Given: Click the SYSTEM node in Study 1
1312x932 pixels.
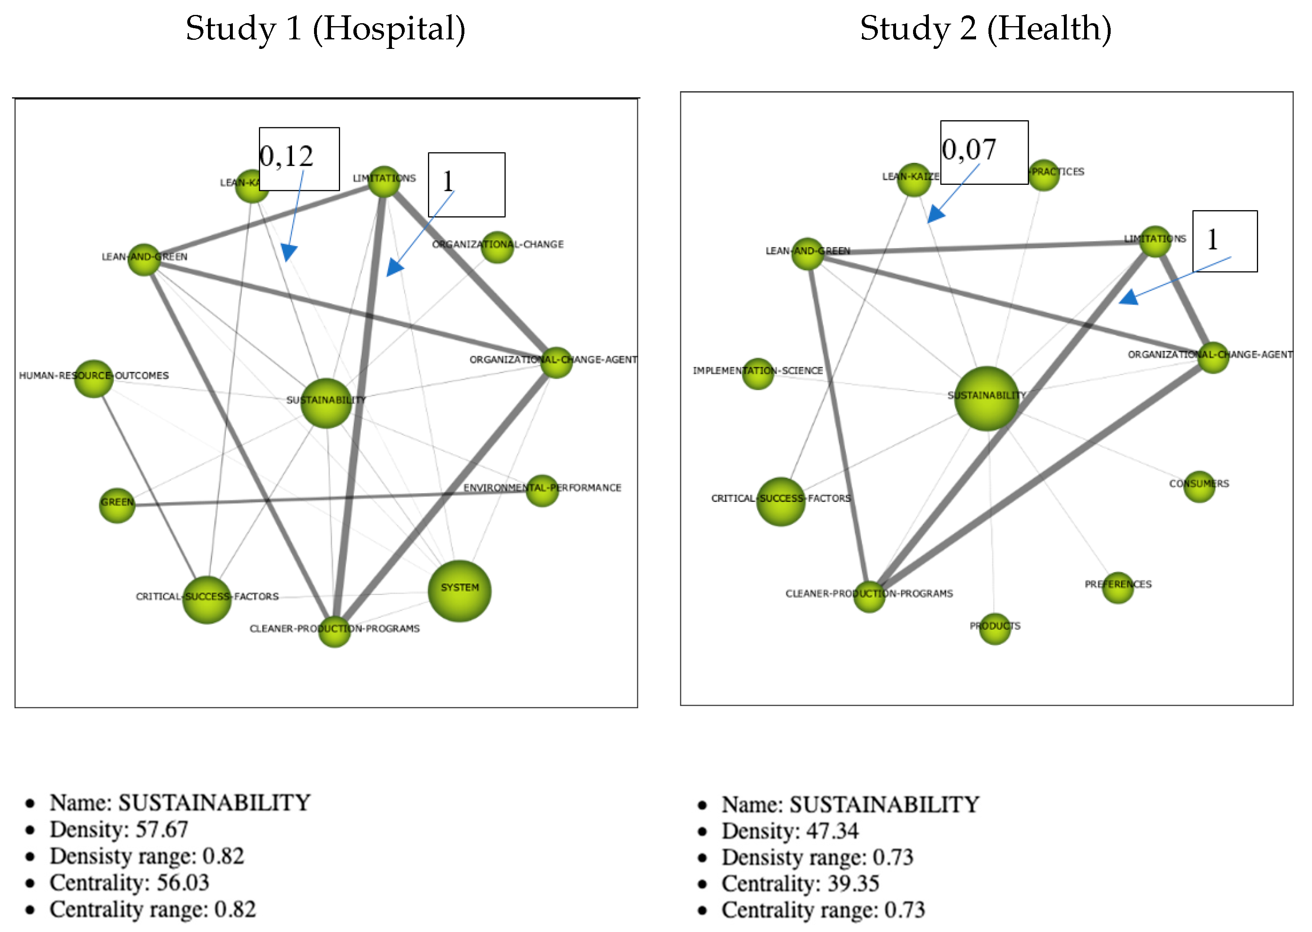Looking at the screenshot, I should point(459,591).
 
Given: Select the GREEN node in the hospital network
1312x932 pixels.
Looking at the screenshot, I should point(117,505).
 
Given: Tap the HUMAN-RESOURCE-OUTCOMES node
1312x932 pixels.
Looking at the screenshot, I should point(94,378).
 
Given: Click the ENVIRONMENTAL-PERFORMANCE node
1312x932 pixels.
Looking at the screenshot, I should point(541,490).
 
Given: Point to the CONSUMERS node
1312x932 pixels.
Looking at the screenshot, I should point(1198,486).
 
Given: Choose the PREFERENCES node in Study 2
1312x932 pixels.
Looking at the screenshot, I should point(1118,587).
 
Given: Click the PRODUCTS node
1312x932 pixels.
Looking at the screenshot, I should point(994,628).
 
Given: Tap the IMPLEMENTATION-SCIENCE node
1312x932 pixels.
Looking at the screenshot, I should point(757,373).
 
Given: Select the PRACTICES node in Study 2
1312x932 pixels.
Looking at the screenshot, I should point(1043,174).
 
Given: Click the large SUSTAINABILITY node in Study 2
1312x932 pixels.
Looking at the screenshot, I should point(986,398).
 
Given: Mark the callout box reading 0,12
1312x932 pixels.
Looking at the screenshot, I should point(299,158).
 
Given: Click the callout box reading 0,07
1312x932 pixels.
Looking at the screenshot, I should point(983,152).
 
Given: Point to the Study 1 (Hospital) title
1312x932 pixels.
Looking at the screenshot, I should point(325,29).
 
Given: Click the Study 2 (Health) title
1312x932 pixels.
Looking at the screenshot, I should point(985,29).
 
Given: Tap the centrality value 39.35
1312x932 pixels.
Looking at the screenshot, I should point(845,883).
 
